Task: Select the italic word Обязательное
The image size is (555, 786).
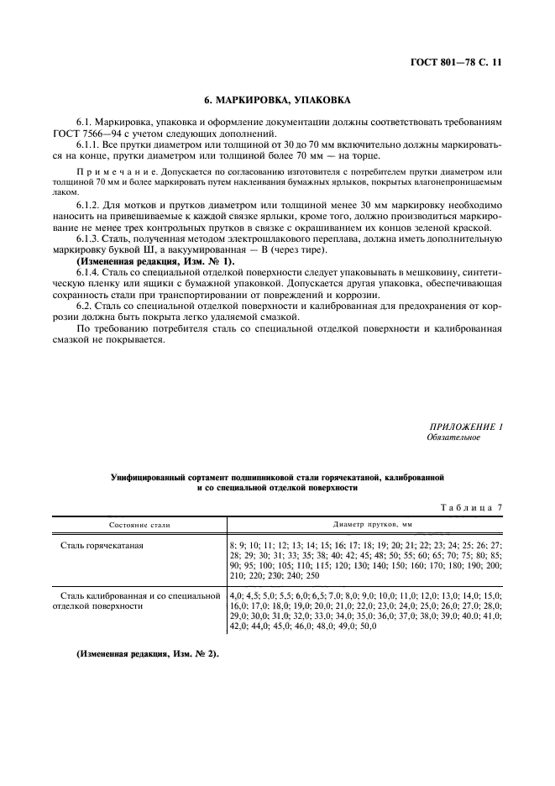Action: tap(454, 438)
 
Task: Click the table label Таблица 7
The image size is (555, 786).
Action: tap(470, 506)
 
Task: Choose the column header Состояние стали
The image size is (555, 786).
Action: tap(139, 524)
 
